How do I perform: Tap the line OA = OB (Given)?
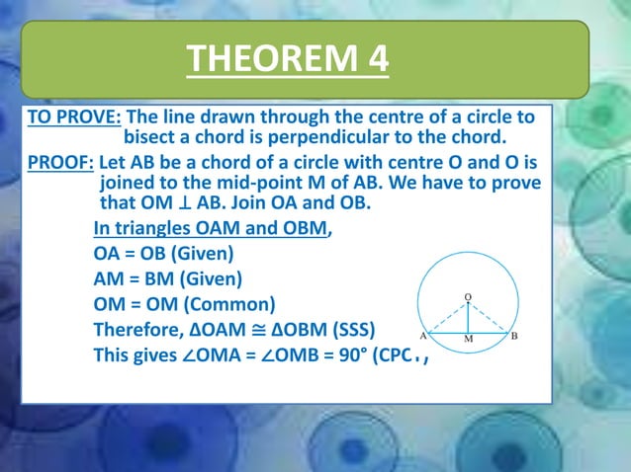[163, 253]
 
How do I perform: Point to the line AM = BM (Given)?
[167, 278]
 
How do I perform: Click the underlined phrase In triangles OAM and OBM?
[212, 229]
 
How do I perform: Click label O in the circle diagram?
[468, 296]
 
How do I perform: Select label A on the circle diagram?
[423, 335]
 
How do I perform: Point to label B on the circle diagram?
[514, 335]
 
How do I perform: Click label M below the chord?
[468, 340]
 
